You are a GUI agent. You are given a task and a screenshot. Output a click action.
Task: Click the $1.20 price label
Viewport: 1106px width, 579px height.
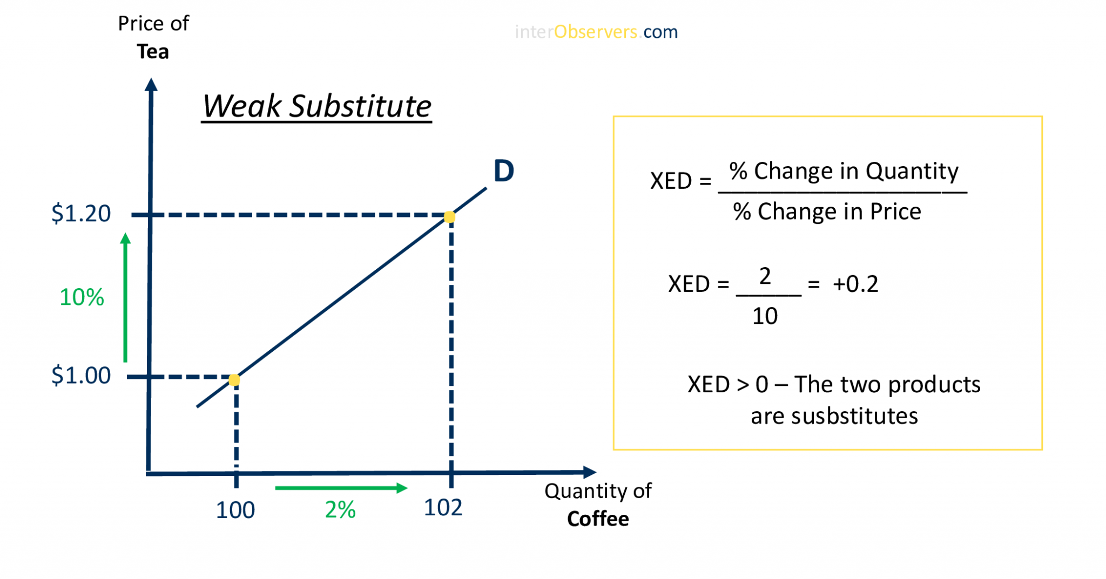(x=81, y=214)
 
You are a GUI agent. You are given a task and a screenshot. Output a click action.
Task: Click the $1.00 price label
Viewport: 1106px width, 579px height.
(x=81, y=376)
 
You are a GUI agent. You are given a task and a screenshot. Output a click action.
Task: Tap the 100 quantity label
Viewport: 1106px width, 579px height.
(x=235, y=510)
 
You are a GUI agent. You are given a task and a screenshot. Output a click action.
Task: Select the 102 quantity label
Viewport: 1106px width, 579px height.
(x=443, y=508)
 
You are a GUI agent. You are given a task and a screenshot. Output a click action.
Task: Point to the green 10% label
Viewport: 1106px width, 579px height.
(x=82, y=297)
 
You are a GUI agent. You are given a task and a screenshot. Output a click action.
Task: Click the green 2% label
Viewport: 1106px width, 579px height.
(x=340, y=510)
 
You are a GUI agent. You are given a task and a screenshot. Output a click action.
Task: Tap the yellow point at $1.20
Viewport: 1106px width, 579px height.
(x=449, y=217)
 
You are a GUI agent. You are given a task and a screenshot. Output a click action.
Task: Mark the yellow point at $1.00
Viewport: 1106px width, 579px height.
(x=234, y=380)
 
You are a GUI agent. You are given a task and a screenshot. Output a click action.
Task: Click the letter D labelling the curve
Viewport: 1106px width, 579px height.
(x=503, y=171)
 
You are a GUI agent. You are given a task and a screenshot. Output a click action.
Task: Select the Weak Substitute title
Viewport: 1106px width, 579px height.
(x=317, y=106)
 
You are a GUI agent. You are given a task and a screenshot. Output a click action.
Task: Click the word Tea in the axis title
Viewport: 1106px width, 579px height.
(x=153, y=52)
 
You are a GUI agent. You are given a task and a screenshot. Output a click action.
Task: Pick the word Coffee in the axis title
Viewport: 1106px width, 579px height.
(x=598, y=519)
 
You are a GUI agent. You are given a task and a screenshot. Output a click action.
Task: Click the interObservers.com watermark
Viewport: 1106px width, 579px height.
(x=596, y=32)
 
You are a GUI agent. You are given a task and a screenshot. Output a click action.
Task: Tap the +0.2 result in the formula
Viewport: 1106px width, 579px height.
(x=855, y=284)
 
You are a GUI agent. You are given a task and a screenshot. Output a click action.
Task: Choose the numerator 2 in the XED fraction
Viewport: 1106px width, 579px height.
(x=765, y=276)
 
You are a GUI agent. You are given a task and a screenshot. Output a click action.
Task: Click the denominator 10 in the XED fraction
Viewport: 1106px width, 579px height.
(x=765, y=316)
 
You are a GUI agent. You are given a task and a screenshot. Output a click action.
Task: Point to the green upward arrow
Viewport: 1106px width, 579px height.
(x=125, y=297)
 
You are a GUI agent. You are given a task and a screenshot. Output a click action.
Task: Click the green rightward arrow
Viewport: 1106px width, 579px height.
(x=341, y=488)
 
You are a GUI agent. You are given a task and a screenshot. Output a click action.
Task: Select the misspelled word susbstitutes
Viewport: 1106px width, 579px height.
(x=854, y=417)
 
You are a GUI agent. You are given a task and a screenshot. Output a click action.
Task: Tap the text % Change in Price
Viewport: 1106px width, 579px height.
(x=827, y=212)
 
